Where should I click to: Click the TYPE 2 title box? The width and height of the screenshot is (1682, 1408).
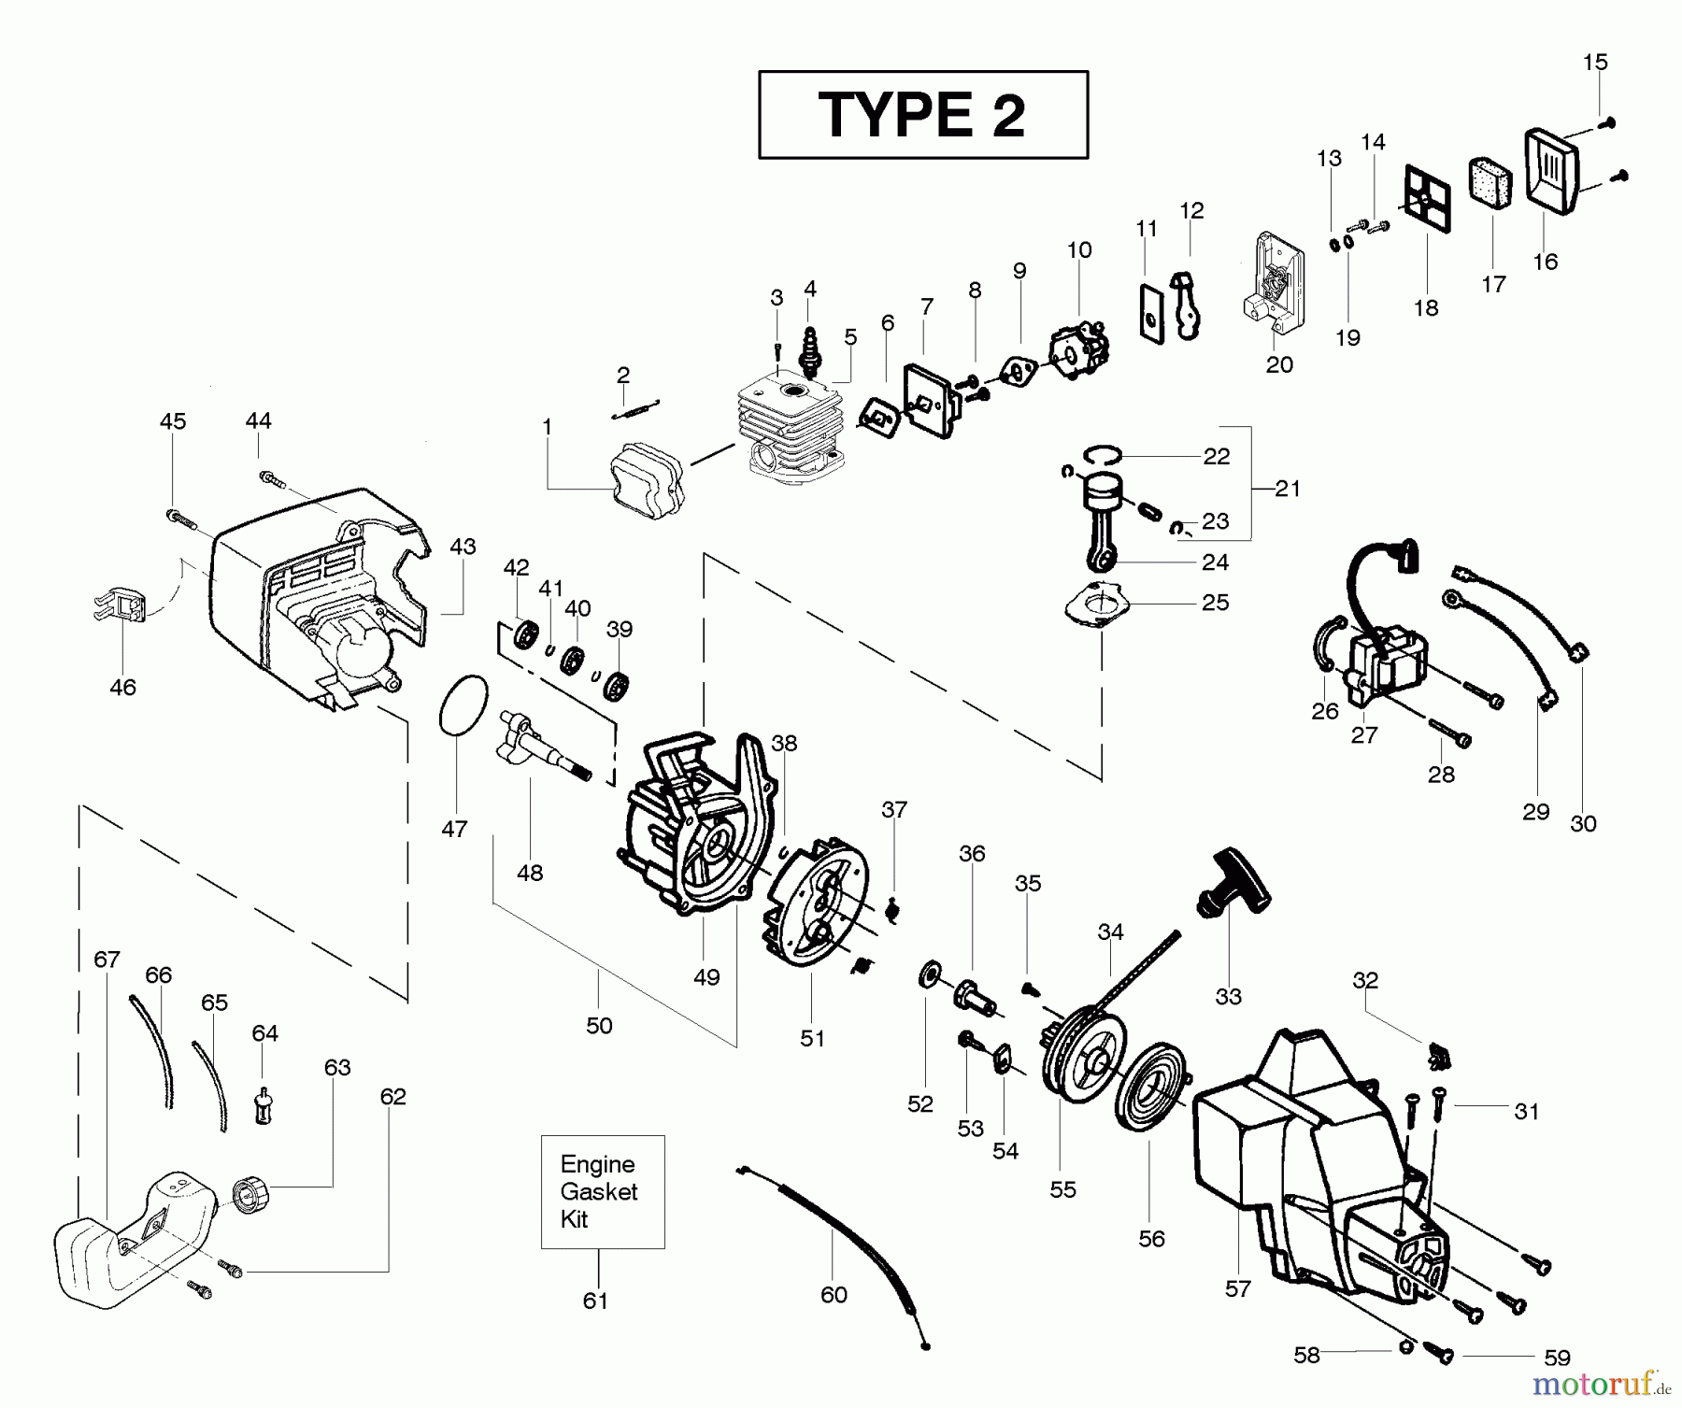(x=922, y=114)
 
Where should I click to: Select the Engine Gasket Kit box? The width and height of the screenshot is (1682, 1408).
(x=602, y=1191)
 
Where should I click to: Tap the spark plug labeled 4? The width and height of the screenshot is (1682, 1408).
(x=810, y=348)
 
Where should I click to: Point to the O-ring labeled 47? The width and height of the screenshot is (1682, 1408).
(x=463, y=707)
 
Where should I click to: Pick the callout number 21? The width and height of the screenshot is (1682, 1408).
(x=1288, y=488)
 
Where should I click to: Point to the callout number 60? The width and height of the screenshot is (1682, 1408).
(x=834, y=1295)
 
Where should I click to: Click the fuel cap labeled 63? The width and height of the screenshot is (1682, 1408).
(x=250, y=1195)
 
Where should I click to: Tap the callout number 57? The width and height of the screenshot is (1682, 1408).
(x=1237, y=1289)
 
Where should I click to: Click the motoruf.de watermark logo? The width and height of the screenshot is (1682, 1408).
(x=1602, y=1382)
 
